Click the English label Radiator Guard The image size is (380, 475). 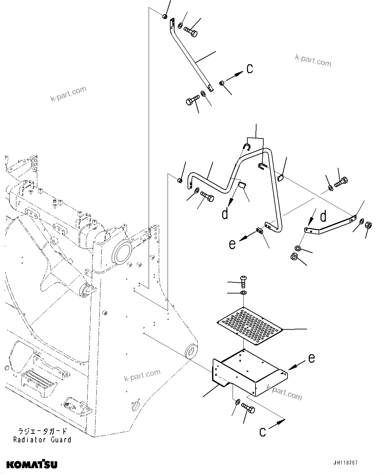pos(42,439)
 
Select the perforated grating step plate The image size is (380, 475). pos(250,325)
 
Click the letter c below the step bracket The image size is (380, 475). pos(262,432)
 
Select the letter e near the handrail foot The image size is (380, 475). pos(232,244)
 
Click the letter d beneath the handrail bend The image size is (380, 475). pos(225,214)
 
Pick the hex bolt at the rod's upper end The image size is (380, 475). pos(190,31)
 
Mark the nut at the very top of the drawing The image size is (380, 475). pos(165,16)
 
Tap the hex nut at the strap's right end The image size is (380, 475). pos(367,225)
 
